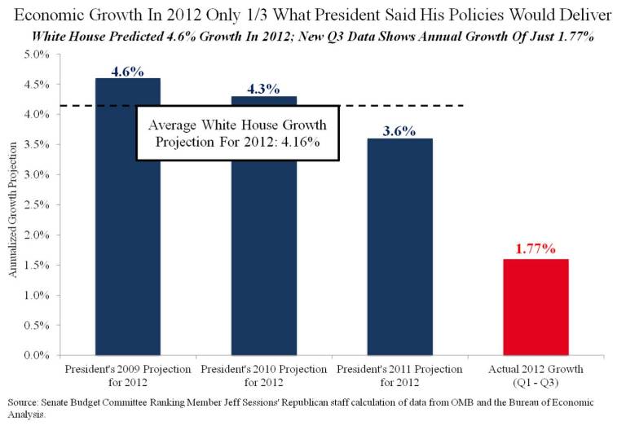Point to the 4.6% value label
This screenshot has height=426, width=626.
click(127, 71)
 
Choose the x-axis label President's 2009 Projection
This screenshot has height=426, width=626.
click(127, 375)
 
